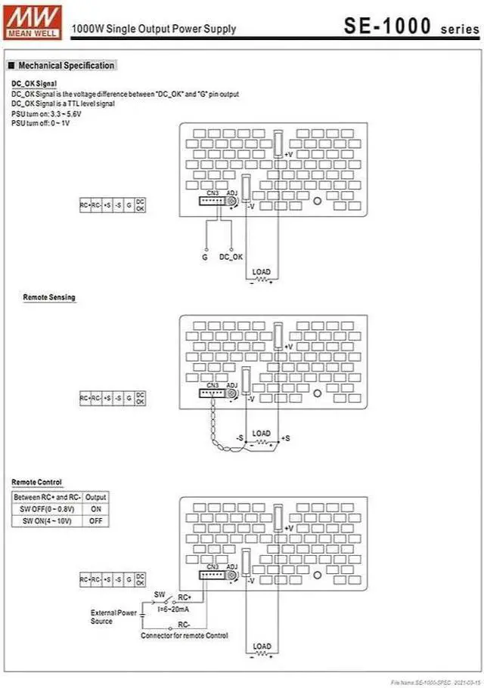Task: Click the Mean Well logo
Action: coord(21,20)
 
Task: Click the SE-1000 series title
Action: coord(411,26)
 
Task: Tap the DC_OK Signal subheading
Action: coord(34,83)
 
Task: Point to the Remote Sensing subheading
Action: coord(49,298)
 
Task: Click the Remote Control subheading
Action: coord(36,482)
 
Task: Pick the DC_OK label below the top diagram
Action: coord(231,258)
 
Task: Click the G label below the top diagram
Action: coord(204,258)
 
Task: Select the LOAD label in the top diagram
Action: coord(261,272)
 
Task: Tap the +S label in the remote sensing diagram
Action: coord(285,439)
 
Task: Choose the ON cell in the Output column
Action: coord(96,509)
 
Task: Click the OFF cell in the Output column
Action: coord(96,521)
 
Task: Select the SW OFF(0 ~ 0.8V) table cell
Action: coord(48,509)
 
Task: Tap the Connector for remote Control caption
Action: coord(184,636)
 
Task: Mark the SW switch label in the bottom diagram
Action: coord(159,594)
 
